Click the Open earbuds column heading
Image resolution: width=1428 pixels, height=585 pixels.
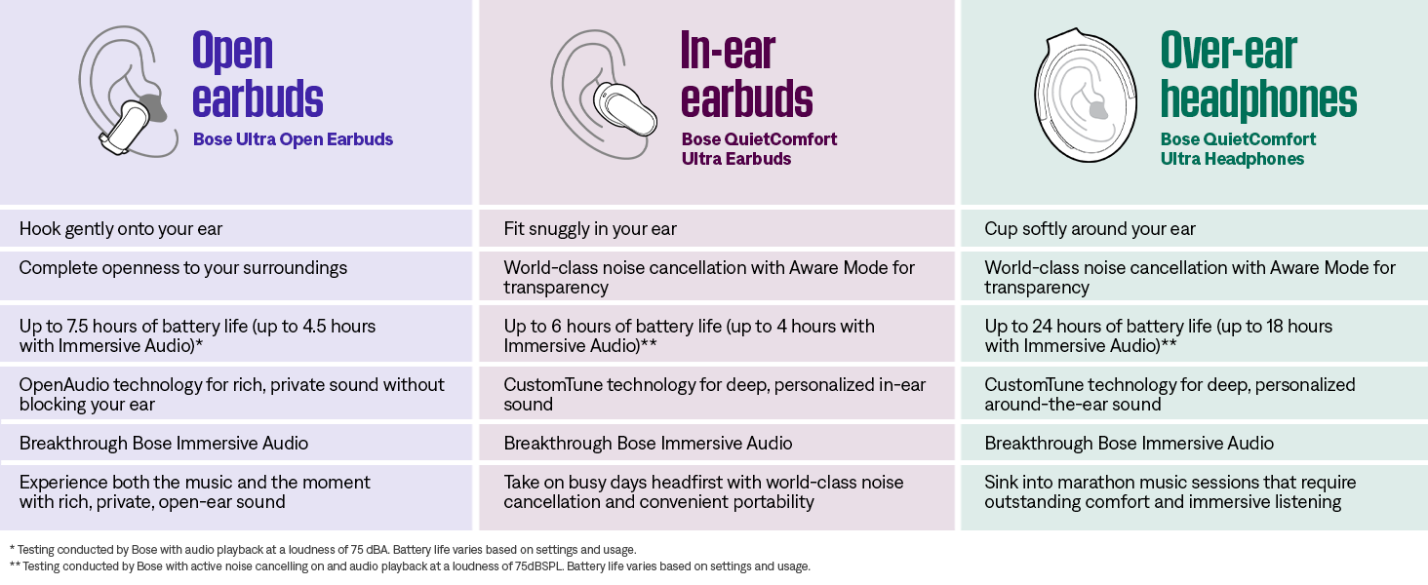[x=258, y=74]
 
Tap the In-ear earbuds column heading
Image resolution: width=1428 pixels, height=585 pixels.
[x=746, y=74]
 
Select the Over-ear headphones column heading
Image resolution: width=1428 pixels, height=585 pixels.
[x=1258, y=74]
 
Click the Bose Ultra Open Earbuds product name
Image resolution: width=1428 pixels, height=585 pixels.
[x=293, y=138]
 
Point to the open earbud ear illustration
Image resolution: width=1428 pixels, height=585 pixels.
[x=129, y=91]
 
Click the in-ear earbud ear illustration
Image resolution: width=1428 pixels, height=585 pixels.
[x=604, y=94]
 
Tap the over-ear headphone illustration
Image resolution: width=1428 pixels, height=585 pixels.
[x=1085, y=95]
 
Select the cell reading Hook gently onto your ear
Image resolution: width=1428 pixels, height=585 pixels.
[x=121, y=229]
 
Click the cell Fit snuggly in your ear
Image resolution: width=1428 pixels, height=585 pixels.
[x=590, y=229]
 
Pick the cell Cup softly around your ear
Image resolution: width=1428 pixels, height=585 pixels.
[x=1090, y=229]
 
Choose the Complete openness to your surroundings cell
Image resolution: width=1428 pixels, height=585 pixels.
[x=183, y=268]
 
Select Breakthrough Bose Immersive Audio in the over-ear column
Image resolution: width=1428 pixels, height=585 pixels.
[x=1129, y=443]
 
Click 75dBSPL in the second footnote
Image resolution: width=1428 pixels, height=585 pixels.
[x=538, y=566]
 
